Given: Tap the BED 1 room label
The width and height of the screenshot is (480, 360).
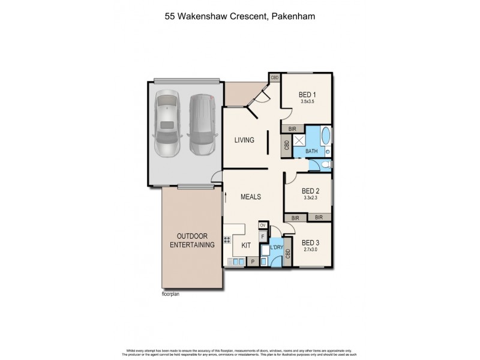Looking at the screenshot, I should (x=307, y=95).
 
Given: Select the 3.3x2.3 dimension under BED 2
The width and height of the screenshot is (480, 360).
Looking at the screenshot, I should (x=310, y=197).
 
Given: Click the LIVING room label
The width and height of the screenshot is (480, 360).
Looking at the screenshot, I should (x=244, y=140).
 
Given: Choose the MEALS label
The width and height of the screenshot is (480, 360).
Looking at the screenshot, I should (x=251, y=197).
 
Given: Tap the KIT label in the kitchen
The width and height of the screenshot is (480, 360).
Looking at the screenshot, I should (x=246, y=246).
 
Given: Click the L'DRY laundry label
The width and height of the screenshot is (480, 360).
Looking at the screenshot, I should (x=276, y=248).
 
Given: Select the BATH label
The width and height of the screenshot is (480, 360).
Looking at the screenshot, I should (x=311, y=151).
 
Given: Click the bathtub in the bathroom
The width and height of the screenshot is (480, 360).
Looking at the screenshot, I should (x=326, y=137).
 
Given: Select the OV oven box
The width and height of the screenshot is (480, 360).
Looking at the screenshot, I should (x=262, y=225).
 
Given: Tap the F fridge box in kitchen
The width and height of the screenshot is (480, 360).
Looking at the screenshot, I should (x=262, y=236).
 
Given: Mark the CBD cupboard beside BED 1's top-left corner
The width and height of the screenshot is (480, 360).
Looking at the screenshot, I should (x=275, y=78).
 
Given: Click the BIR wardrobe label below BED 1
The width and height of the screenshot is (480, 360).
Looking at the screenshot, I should (x=293, y=128).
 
